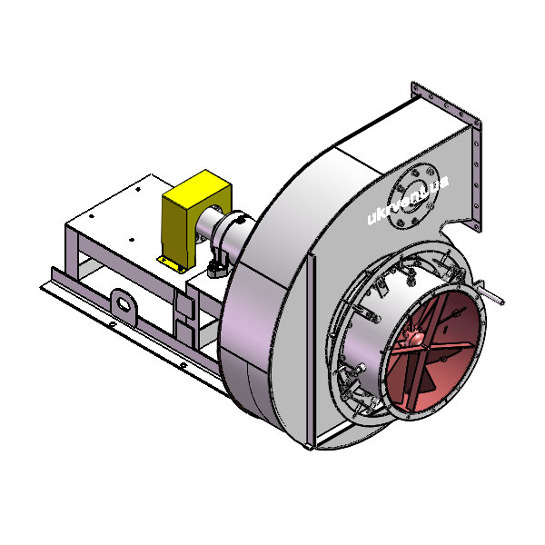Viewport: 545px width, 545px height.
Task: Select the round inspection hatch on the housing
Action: [x=413, y=197]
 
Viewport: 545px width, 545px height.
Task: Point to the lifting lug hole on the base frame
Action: [x=124, y=303]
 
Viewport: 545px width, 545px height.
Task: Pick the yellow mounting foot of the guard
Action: [x=171, y=264]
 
